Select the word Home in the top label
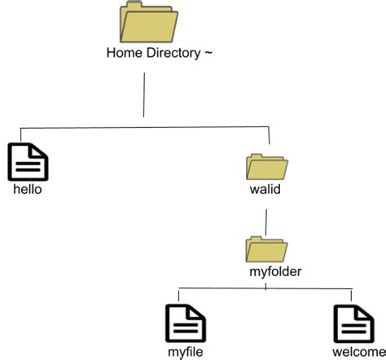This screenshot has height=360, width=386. pyautogui.click(x=123, y=54)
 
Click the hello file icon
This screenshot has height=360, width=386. pyautogui.click(x=27, y=162)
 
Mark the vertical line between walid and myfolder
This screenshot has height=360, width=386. pyautogui.click(x=265, y=222)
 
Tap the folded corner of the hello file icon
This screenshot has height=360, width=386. pyautogui.click(x=41, y=150)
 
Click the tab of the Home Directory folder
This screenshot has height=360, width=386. pyautogui.click(x=132, y=7)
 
